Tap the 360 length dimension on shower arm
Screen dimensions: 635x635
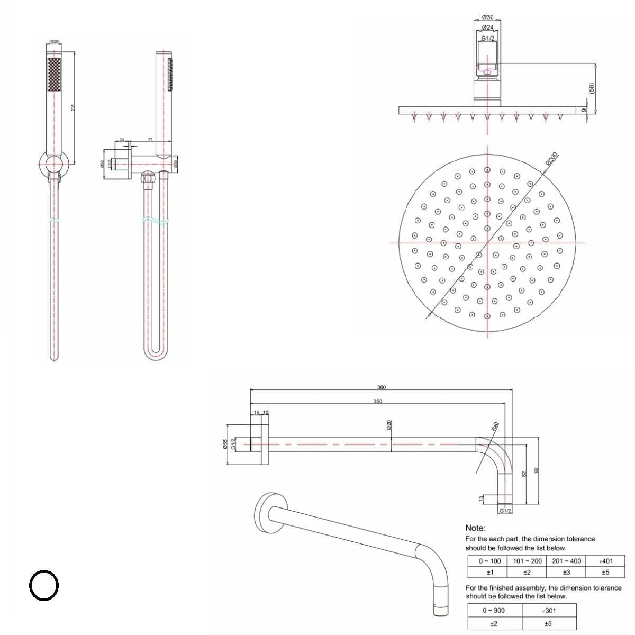click(x=381, y=387)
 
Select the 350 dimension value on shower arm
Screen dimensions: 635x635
click(x=377, y=401)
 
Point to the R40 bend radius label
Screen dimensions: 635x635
click(x=496, y=427)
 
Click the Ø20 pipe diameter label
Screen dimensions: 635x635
click(x=389, y=425)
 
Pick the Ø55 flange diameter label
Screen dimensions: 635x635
click(x=225, y=444)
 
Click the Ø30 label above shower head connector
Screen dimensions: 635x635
click(x=488, y=18)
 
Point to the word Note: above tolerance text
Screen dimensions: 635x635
click(x=475, y=528)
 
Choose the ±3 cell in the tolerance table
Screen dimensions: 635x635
click(x=566, y=572)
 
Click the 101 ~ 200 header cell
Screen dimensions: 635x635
click(x=528, y=561)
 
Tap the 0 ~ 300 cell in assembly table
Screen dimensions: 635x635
click(x=493, y=610)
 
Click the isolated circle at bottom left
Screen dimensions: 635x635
click(x=43, y=585)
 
